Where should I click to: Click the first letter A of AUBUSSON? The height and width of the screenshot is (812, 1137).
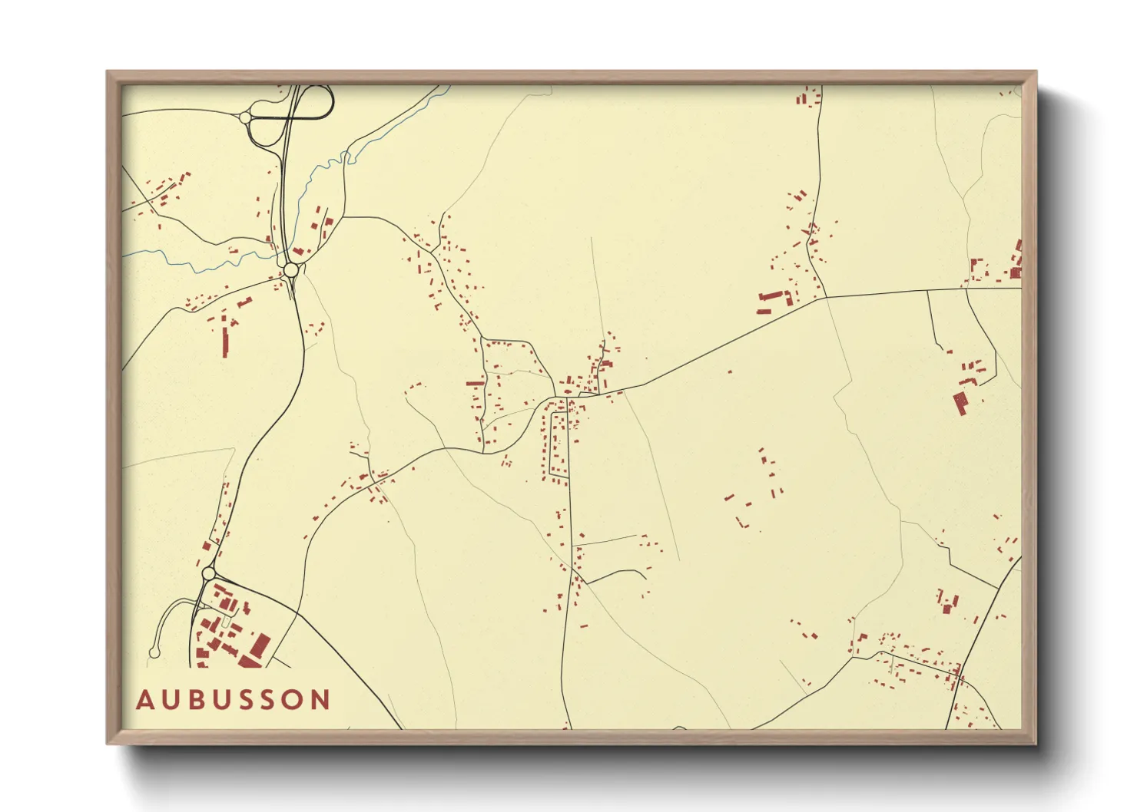[x=145, y=700]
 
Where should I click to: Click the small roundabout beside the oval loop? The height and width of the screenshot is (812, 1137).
[x=246, y=117]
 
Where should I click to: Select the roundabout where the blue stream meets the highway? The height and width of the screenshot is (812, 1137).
[x=291, y=270]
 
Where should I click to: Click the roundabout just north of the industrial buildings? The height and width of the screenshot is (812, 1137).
[x=208, y=573]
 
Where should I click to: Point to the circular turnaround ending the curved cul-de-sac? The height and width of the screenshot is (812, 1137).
[x=154, y=653]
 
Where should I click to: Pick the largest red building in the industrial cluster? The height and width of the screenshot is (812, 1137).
[x=260, y=646]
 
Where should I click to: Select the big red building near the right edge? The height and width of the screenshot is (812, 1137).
[x=960, y=403]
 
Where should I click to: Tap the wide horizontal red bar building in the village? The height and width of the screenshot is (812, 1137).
[x=476, y=383]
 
